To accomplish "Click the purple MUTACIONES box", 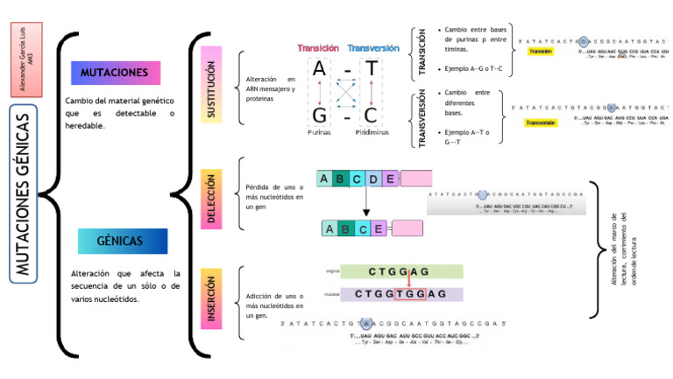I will coord(115,73).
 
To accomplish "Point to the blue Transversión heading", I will coord(373,48).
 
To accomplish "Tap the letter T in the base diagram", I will coord(372,69).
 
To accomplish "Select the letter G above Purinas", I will coord(320,116).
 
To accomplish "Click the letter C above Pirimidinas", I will coord(372,116).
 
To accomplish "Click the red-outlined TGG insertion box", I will coord(411,294).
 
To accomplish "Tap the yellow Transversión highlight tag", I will coord(540,123).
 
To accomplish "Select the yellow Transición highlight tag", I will coord(540,52).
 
